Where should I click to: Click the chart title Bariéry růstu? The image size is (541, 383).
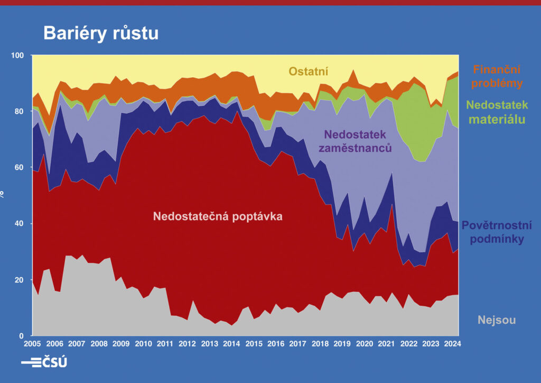[x=100, y=33]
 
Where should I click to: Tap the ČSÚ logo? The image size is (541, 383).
[x=44, y=362]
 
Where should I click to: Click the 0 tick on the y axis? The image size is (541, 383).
[x=23, y=336]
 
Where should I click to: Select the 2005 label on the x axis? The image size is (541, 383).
[x=33, y=343]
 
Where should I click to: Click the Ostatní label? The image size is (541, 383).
[x=309, y=71]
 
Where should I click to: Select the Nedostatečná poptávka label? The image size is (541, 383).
[x=218, y=216]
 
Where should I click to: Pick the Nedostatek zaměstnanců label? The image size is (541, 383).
[x=355, y=140]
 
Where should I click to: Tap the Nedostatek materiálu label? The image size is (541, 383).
[x=499, y=113]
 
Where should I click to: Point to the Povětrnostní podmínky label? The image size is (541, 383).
[x=497, y=232]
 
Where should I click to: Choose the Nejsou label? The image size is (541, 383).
[x=496, y=320]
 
